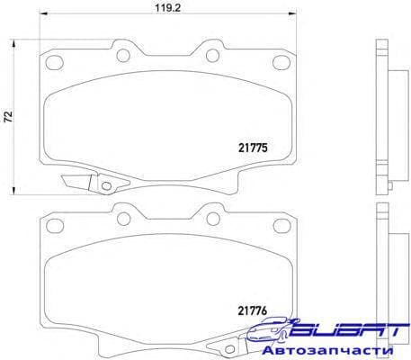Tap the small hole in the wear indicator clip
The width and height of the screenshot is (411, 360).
106,187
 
